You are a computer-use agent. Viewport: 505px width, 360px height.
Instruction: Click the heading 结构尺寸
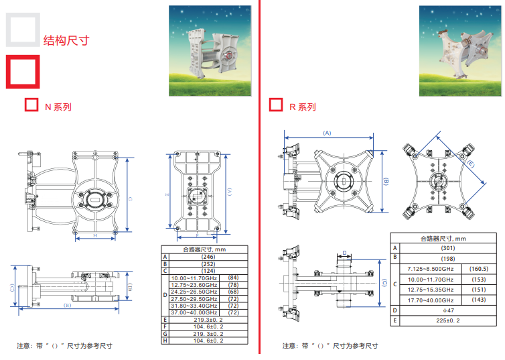coord(66,40)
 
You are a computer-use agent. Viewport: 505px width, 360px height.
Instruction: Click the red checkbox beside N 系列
coord(30,105)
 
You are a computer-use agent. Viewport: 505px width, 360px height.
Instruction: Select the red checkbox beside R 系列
coord(275,105)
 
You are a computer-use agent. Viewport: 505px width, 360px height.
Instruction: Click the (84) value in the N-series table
coord(233,278)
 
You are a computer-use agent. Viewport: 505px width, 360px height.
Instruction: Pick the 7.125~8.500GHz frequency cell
coord(431,268)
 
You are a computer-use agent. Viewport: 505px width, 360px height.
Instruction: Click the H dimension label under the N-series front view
coord(95,236)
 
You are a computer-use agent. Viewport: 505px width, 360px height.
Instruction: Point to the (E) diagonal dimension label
coord(471,163)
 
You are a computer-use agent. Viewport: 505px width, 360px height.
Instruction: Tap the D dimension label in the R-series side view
coord(344,253)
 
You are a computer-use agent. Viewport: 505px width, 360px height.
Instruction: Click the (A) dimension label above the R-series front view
coord(327,133)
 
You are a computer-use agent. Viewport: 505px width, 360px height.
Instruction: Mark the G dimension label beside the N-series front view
coord(129,198)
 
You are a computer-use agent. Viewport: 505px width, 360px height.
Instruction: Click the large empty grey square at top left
coord(22,30)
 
